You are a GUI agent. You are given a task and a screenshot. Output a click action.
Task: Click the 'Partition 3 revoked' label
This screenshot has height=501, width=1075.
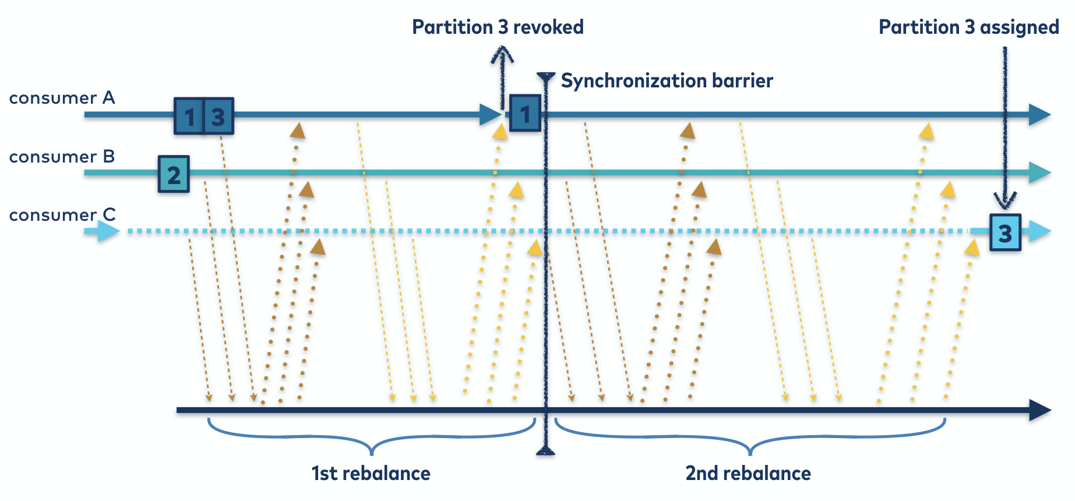coord(498,27)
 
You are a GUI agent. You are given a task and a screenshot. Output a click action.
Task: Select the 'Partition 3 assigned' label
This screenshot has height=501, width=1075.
coord(968,27)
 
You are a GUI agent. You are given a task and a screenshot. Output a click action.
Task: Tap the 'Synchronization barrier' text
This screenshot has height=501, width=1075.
coord(667,81)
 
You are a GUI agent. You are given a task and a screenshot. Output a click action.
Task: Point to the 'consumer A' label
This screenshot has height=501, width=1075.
coord(62,98)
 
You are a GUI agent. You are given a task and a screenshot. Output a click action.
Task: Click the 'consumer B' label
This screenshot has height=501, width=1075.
coord(62,157)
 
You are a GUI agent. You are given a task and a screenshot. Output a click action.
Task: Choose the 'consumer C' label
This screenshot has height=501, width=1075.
coord(62,215)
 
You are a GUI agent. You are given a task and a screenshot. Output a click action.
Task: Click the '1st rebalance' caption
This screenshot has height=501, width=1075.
coord(371,473)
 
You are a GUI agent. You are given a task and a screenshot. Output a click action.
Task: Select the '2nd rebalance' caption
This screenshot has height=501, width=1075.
coord(748,473)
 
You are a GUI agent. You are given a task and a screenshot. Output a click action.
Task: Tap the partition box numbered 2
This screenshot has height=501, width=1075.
coord(174,174)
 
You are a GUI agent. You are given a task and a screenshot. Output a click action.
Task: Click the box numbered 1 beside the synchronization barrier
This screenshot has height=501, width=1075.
coord(525,114)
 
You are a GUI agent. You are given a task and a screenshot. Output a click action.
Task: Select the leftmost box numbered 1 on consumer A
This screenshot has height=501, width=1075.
coord(189,117)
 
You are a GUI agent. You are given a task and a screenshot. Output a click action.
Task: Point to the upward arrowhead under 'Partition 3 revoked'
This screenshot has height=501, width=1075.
coord(502,56)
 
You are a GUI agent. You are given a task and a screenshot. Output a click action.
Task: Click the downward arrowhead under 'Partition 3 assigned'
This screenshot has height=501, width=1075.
coord(1005,202)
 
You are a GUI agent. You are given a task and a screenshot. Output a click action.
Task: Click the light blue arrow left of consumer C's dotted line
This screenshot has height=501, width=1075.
coord(103,231)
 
